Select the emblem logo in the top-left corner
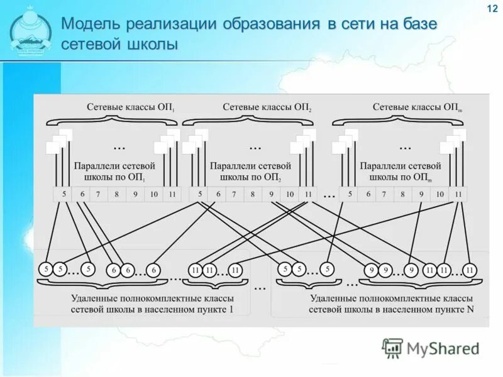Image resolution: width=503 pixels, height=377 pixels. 31,31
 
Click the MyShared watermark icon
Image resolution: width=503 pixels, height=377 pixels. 392,347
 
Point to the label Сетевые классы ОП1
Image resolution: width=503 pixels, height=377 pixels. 131,107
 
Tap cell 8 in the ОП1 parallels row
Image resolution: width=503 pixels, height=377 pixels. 116,195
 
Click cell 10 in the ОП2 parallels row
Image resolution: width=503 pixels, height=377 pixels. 289,195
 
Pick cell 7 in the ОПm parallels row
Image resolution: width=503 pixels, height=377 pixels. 385,195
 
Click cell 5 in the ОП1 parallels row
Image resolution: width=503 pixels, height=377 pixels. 64,195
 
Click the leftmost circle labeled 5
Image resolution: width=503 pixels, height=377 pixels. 46,270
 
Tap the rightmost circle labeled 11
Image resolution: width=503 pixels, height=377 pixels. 470,270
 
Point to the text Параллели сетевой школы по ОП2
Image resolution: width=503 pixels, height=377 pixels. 250,172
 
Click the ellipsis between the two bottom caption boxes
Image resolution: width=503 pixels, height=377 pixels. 260,287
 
